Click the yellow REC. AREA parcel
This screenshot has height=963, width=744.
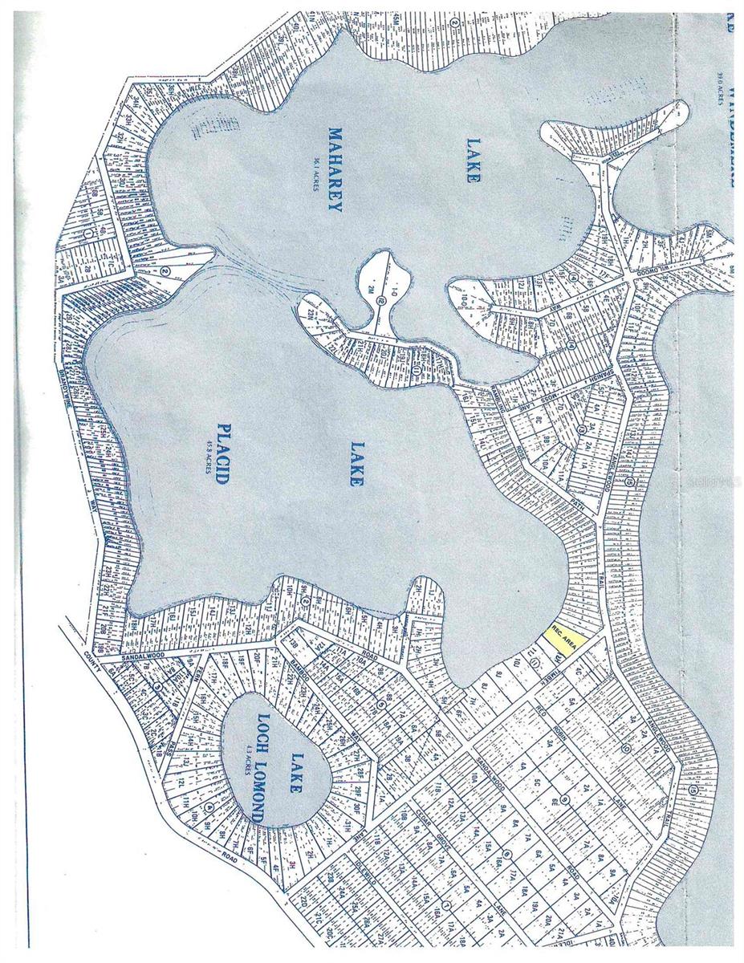click(562, 642)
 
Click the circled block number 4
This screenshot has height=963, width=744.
click(208, 807)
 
